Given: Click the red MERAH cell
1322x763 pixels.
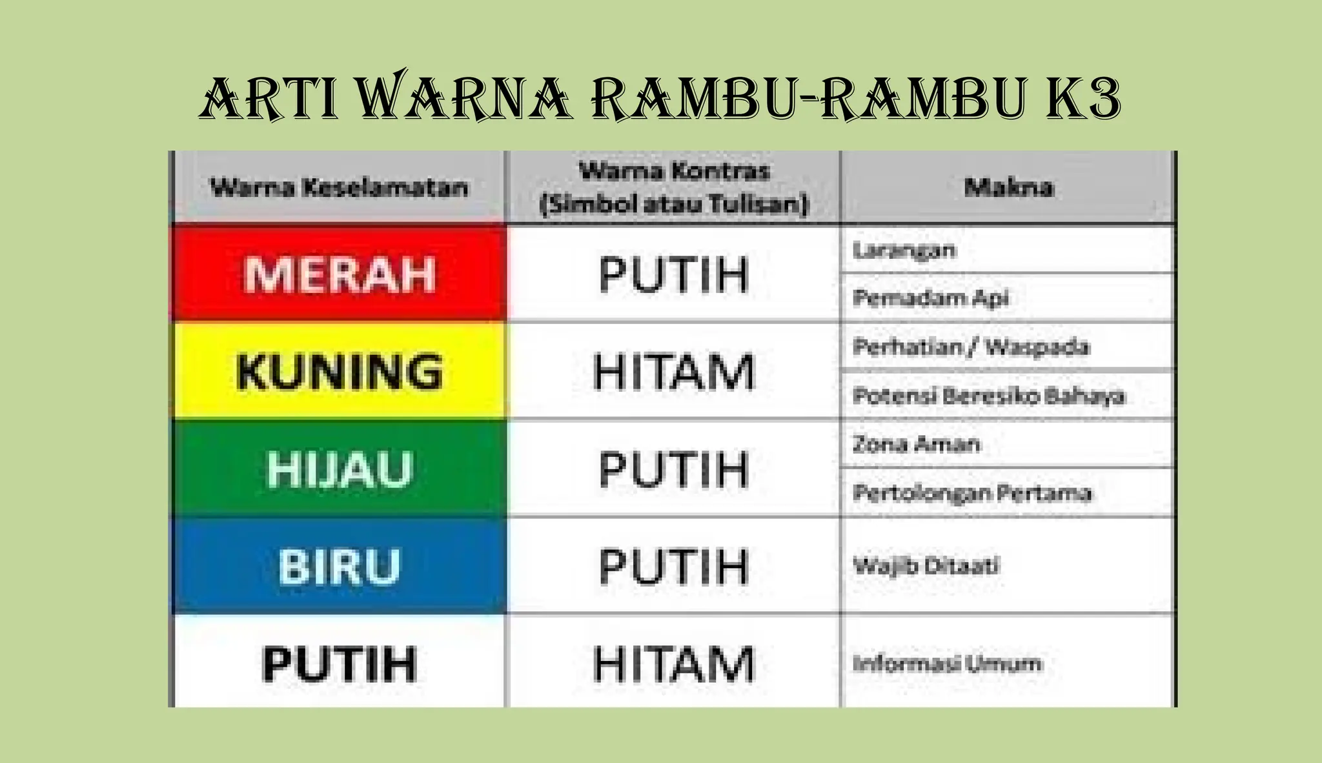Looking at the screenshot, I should (340, 274).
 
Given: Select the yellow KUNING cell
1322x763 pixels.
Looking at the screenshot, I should (340, 371).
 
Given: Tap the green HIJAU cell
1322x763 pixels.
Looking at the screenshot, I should (340, 469).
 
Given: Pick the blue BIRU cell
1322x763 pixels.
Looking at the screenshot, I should (340, 566).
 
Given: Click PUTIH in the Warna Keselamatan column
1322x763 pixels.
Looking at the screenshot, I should (340, 664).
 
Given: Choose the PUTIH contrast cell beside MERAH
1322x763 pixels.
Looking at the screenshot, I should (673, 274).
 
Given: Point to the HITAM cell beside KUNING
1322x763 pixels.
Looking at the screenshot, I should (673, 371).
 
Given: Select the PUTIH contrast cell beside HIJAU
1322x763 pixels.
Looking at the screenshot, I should (673, 469).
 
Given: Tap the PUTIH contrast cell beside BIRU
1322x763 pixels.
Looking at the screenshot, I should (673, 566).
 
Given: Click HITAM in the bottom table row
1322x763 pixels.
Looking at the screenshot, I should (673, 664).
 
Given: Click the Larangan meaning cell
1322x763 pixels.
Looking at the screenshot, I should (904, 250).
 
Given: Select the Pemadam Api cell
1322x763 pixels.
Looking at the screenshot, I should (930, 298).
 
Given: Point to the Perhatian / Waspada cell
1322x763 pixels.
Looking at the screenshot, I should (971, 347).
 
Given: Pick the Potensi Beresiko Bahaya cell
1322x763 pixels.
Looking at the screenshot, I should (988, 395).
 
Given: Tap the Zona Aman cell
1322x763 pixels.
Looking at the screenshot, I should (917, 443).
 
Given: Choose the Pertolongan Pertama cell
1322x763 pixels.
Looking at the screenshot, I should (972, 493).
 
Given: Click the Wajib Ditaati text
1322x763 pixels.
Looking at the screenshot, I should (926, 566).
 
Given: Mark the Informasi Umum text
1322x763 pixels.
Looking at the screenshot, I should (947, 664).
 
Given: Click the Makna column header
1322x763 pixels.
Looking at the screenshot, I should (1008, 187).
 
